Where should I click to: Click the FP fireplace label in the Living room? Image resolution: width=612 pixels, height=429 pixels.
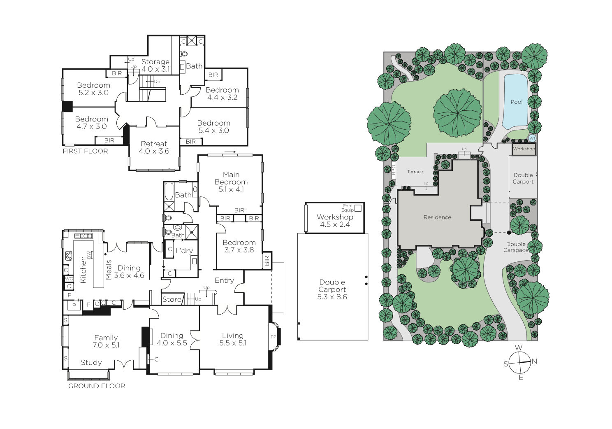[x=273, y=337]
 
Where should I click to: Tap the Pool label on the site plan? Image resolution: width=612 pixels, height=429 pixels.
[x=517, y=102]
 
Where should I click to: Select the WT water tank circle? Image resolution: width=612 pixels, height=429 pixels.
[x=532, y=138]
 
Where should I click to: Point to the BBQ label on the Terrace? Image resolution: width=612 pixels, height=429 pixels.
[x=394, y=170]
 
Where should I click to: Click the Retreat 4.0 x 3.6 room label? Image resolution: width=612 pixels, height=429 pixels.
[x=154, y=147]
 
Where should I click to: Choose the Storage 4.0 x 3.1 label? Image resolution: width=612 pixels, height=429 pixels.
[x=155, y=65]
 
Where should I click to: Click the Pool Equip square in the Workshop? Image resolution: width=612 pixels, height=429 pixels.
[x=358, y=208]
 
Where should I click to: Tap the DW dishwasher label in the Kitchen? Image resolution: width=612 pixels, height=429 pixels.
[x=88, y=254]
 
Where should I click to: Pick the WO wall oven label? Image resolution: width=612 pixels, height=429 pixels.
[x=69, y=279]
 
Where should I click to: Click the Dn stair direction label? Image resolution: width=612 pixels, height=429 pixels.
[x=157, y=82]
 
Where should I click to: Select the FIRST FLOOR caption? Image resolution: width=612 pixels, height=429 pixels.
[x=85, y=151]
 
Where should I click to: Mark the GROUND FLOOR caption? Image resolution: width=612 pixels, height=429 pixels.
[x=96, y=386]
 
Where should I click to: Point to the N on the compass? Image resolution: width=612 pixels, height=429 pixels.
[x=534, y=361]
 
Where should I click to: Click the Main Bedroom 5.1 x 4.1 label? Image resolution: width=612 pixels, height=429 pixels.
[x=231, y=182]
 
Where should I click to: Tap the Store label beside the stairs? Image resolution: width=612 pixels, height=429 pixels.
[x=172, y=299]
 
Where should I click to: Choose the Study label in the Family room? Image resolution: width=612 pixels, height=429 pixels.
[x=91, y=363]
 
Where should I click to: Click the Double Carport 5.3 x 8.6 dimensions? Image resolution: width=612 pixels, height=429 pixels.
[x=332, y=297]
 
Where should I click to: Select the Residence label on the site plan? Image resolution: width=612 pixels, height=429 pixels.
[x=437, y=217]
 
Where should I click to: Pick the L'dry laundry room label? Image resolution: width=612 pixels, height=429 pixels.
[x=184, y=251]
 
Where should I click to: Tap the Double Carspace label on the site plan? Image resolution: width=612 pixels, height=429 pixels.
[x=516, y=247]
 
